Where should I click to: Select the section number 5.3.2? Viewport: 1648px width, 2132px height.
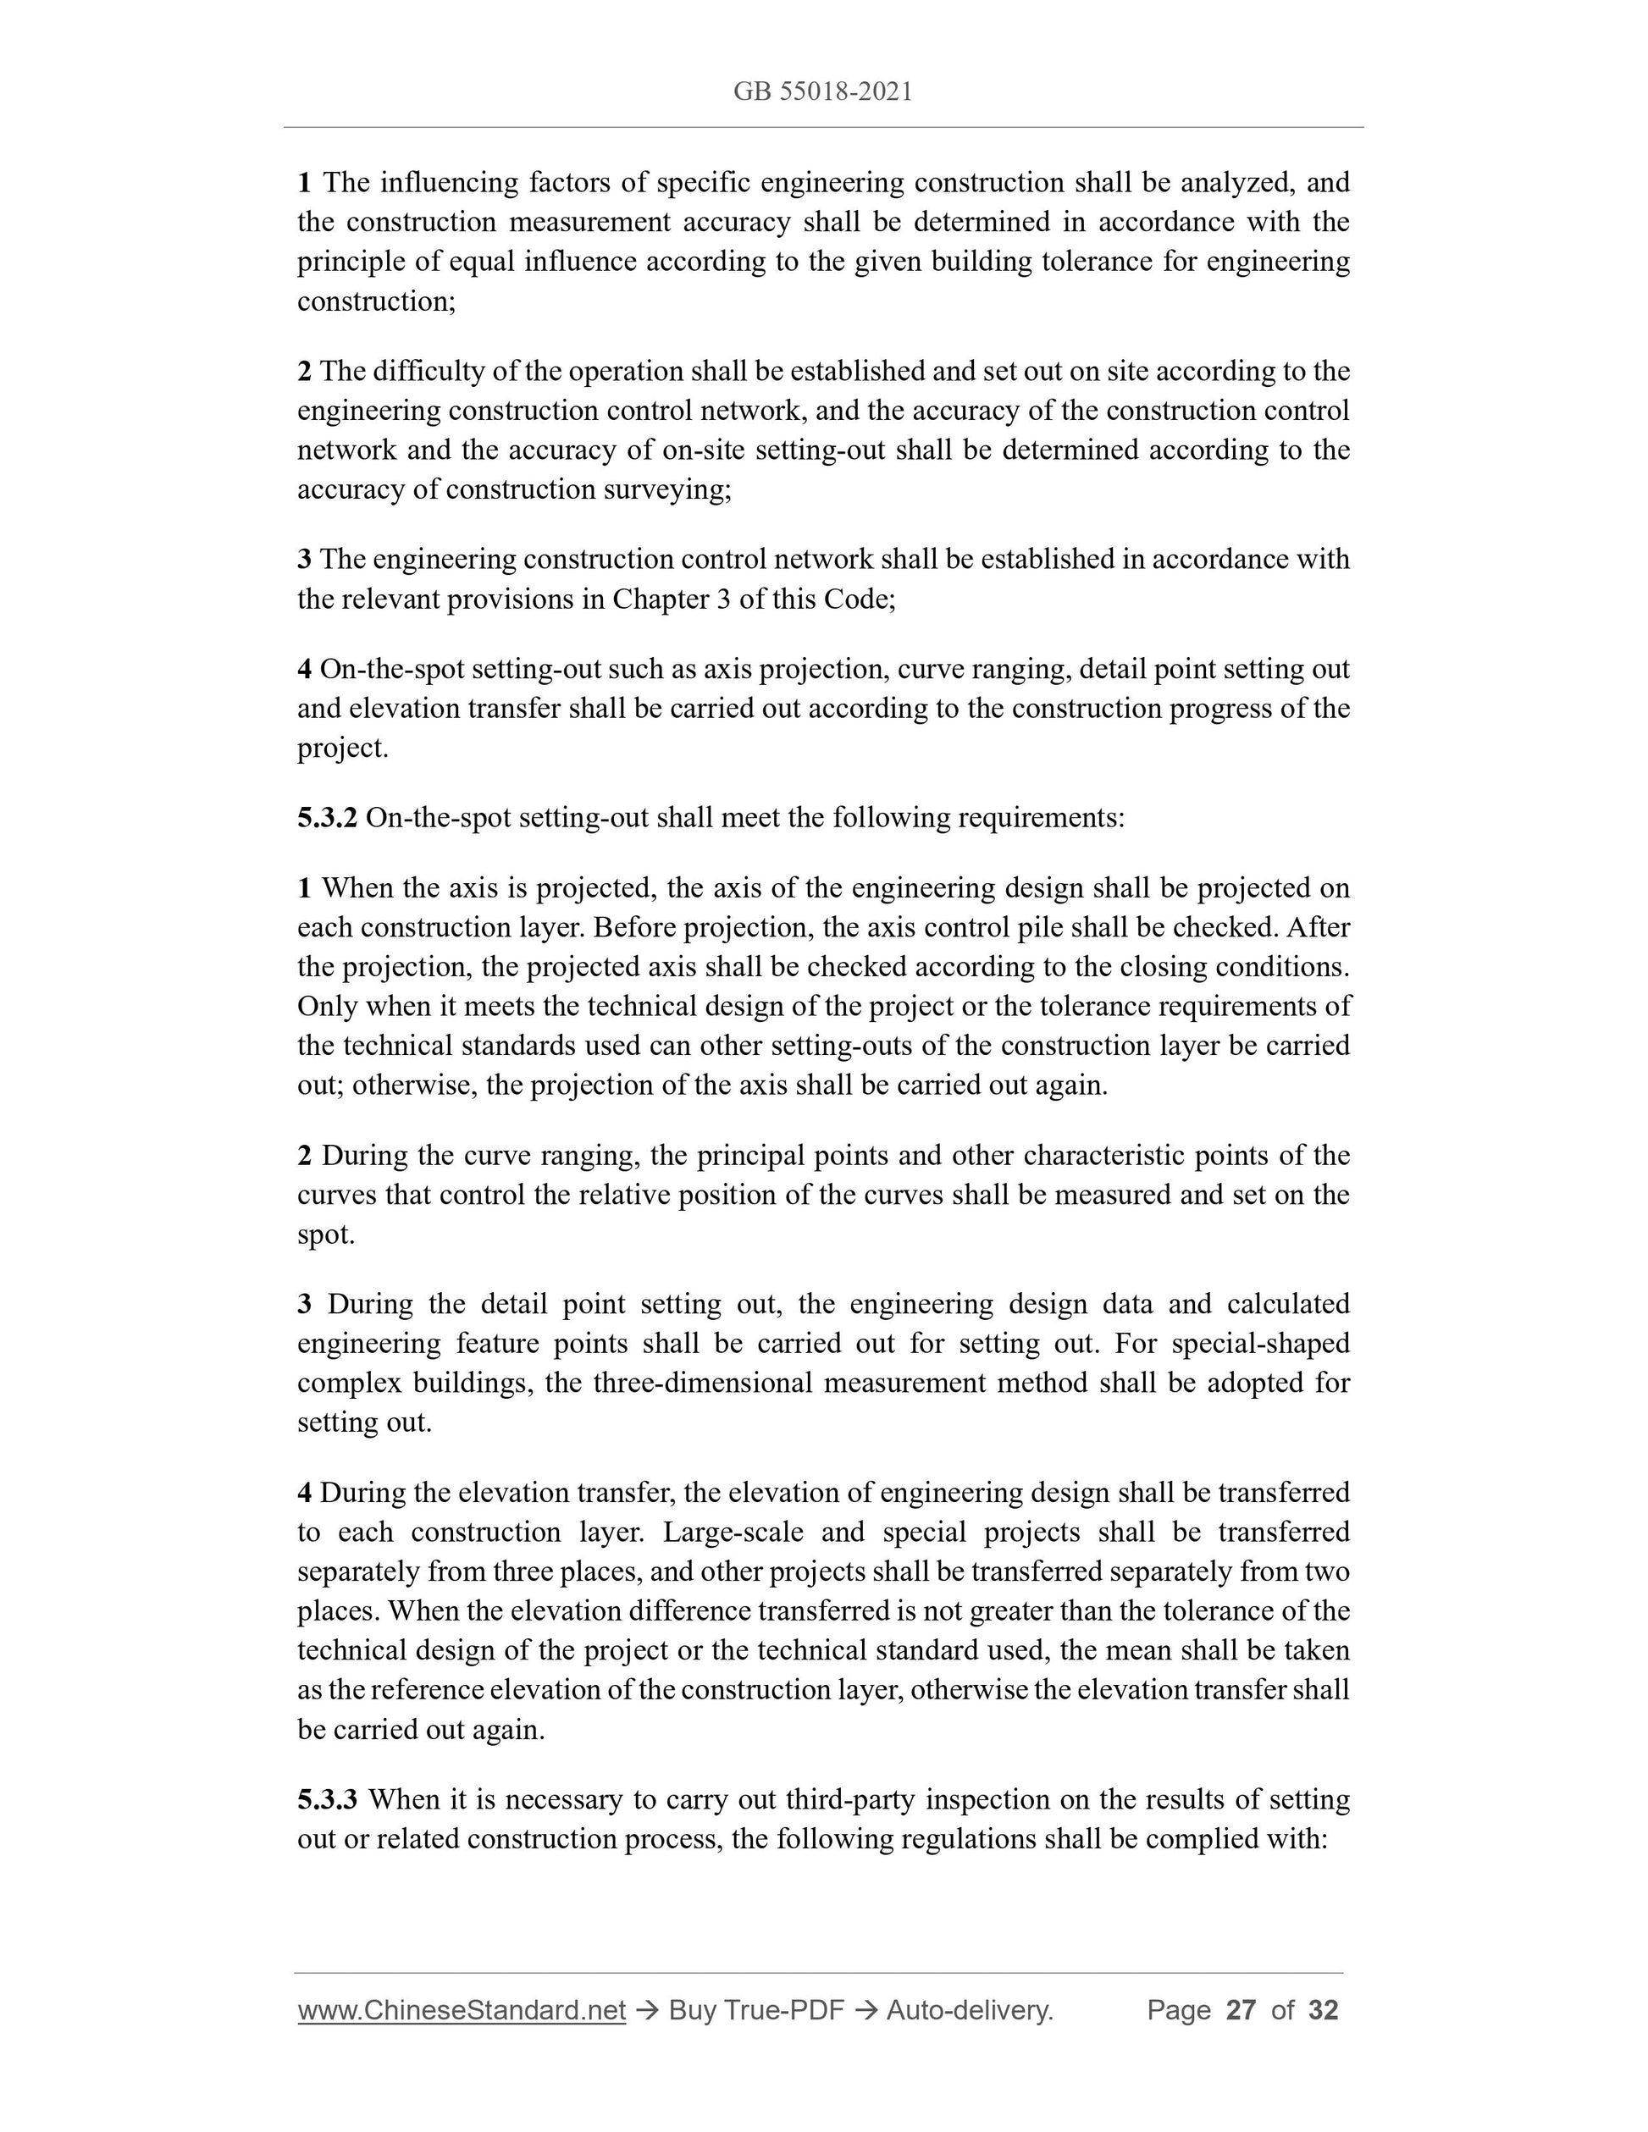point(327,817)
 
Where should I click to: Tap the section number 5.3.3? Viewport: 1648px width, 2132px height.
point(327,1798)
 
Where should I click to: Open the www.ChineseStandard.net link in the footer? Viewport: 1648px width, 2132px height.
point(461,2010)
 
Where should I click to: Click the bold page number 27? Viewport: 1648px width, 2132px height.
point(1240,2010)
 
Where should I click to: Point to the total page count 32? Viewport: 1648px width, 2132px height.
point(1323,2010)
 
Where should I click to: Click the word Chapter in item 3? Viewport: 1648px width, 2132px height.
point(661,599)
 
